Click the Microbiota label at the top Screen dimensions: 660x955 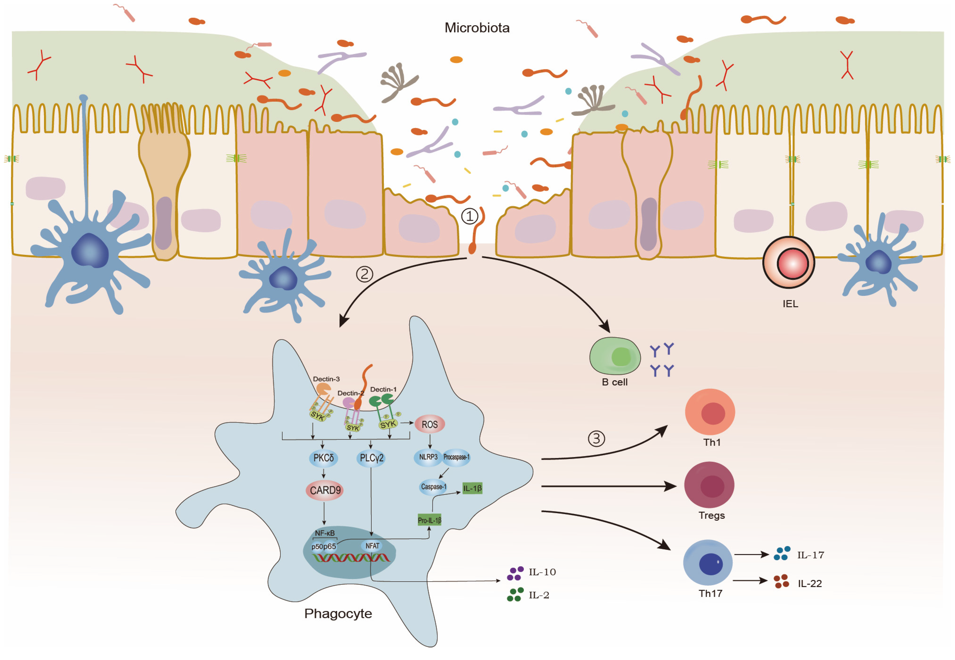pos(477,28)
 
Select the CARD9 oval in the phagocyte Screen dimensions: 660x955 pos(325,490)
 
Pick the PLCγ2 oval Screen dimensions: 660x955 pos(371,458)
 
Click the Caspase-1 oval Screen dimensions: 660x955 pos(433,487)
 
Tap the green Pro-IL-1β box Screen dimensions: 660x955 pos(429,520)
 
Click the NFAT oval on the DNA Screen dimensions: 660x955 pos(372,546)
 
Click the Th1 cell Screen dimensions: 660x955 pos(710,412)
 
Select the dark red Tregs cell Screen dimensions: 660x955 pos(709,485)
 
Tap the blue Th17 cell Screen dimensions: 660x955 pos(708,562)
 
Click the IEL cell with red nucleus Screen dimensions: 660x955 pos(788,262)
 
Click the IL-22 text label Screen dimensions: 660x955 pos(809,584)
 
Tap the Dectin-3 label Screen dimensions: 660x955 pos(326,379)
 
